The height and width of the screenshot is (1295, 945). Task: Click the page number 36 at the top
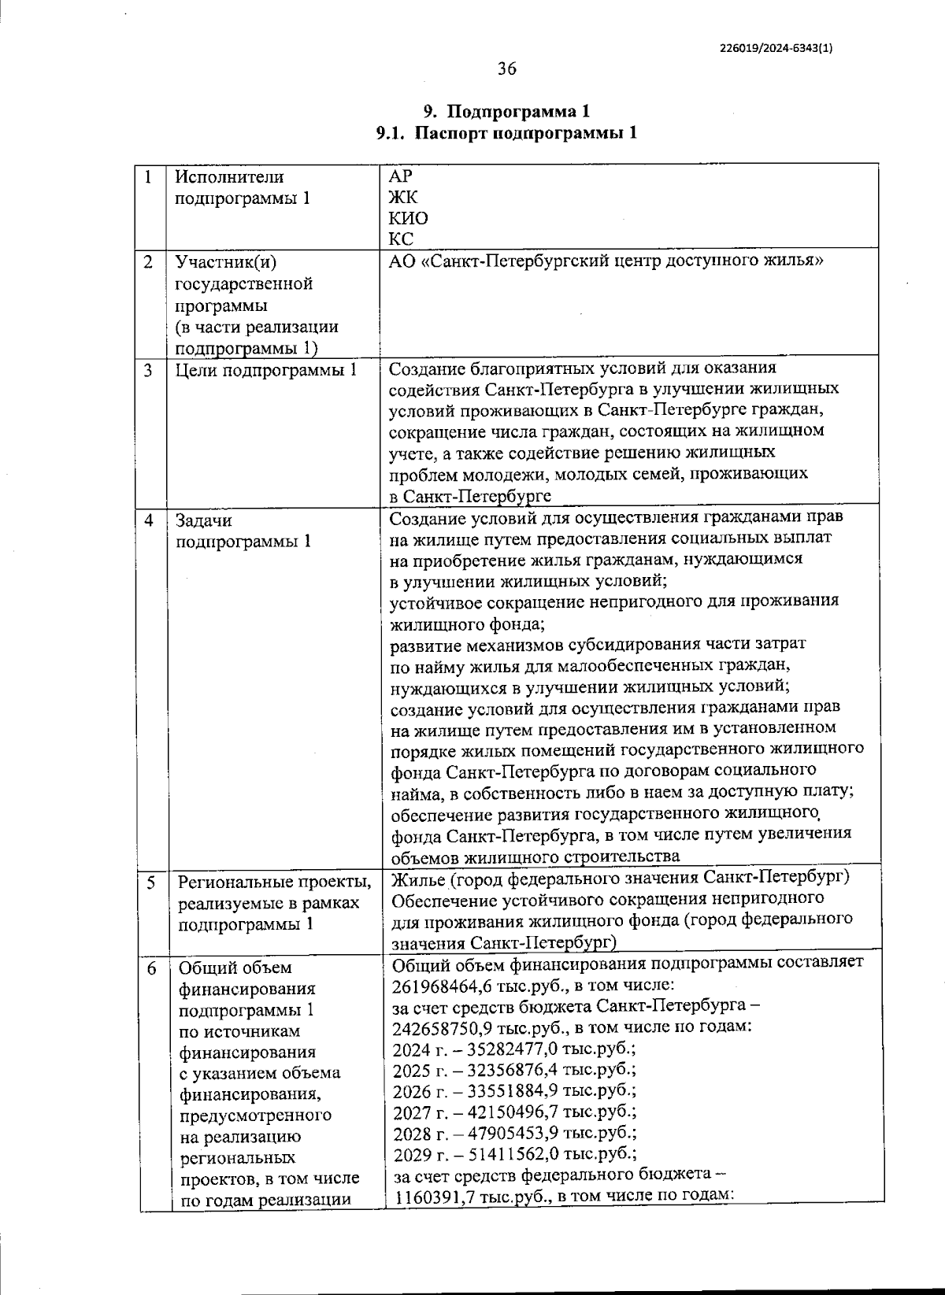click(x=506, y=69)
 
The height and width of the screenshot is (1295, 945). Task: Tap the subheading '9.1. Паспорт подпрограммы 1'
click(x=506, y=133)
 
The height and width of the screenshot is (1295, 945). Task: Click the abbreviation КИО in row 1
click(x=409, y=218)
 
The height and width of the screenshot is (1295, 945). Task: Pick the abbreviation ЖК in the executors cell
click(x=404, y=197)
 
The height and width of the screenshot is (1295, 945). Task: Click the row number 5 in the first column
click(x=150, y=882)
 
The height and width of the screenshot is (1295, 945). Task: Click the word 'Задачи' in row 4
click(x=203, y=520)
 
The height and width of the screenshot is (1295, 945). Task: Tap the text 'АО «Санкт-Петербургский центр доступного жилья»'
click(x=606, y=261)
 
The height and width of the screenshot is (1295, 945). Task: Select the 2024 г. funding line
click(x=513, y=1049)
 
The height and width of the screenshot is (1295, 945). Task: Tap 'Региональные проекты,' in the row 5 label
click(x=273, y=882)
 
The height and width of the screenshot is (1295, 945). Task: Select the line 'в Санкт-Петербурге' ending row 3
click(x=470, y=496)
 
